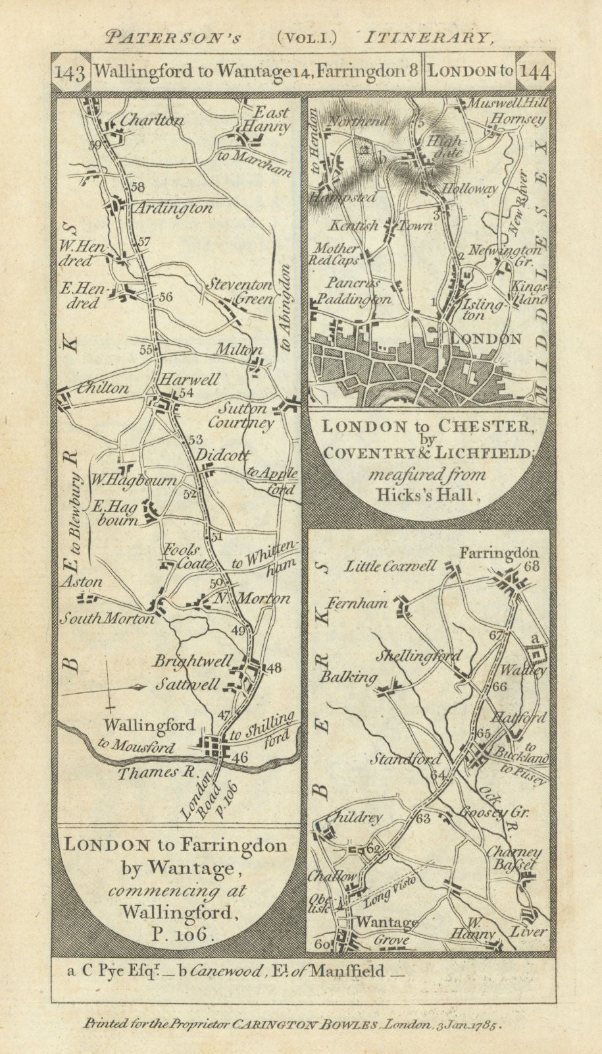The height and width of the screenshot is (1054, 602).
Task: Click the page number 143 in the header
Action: coord(70,72)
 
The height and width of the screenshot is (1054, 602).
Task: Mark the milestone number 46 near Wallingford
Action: coord(239,758)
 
